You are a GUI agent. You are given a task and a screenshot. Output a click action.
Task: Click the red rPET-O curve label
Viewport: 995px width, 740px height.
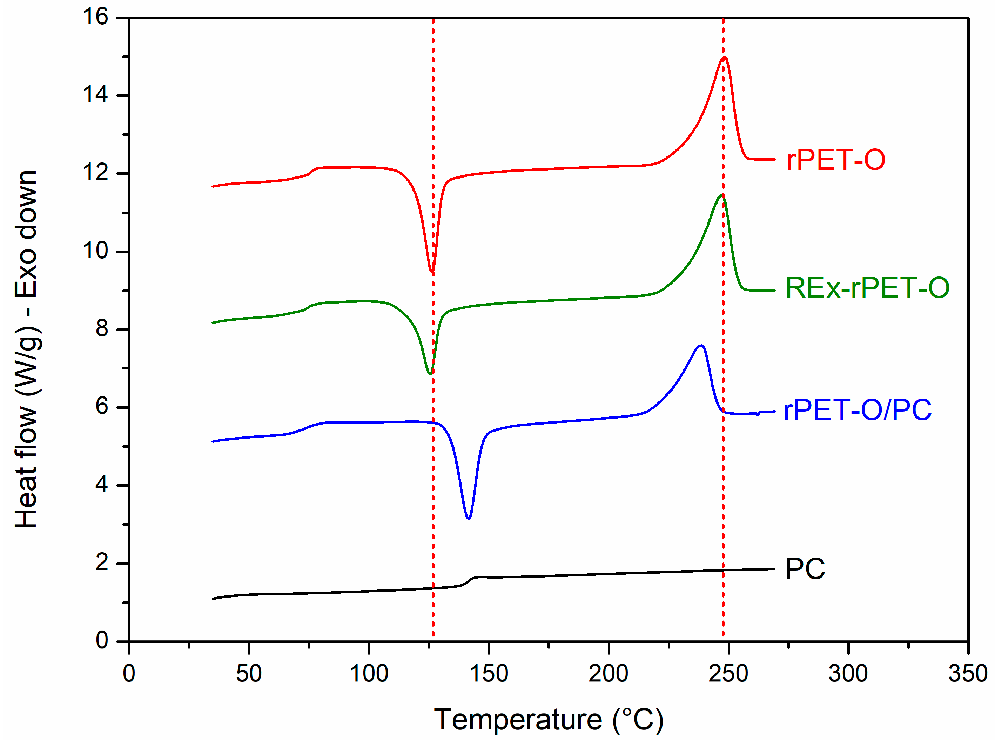point(835,160)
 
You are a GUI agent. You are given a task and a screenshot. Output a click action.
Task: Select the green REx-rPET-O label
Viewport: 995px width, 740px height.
point(867,288)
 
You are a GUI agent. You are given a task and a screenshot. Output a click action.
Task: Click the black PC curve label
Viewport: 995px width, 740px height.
point(805,569)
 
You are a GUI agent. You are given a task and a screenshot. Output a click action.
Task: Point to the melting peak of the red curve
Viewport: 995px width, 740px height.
point(724,57)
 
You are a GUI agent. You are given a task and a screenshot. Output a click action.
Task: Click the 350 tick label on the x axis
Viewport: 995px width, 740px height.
point(968,673)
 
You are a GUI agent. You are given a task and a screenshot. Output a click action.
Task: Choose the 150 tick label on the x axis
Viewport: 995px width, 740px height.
point(489,673)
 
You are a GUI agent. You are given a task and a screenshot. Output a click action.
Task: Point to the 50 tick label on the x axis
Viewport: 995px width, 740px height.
point(249,673)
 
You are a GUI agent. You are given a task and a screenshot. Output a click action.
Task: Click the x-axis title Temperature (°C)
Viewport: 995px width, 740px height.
point(549,719)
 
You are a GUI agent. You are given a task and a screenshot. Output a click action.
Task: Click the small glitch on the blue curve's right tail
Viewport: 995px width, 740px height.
point(758,414)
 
